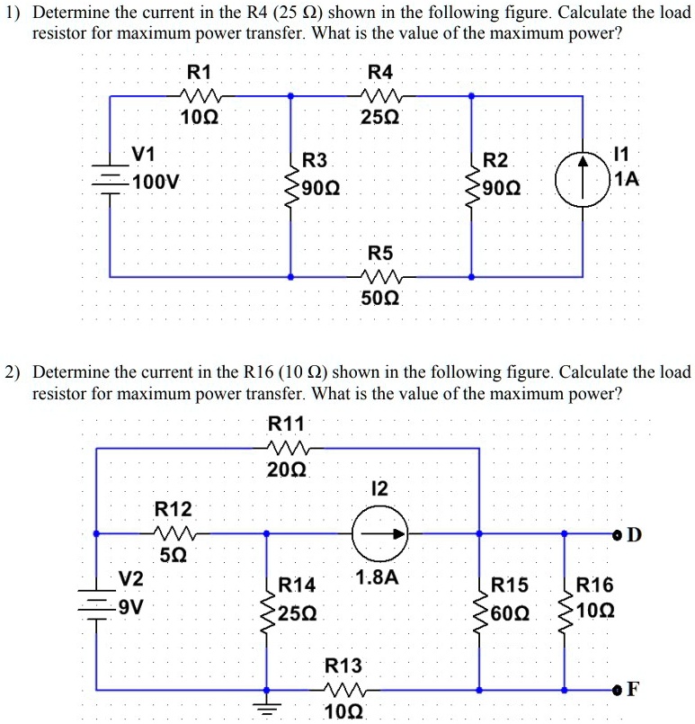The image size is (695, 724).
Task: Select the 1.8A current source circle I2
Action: coord(379,534)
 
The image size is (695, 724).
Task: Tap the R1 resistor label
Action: coord(197,72)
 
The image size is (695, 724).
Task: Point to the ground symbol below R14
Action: coord(265,706)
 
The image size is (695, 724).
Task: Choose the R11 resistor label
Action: coord(286,424)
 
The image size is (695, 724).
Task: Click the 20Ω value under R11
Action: coord(287,469)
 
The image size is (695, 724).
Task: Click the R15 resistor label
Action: coord(511,586)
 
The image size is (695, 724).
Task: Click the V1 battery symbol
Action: coord(110,178)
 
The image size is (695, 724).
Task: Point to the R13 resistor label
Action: coord(343,666)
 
